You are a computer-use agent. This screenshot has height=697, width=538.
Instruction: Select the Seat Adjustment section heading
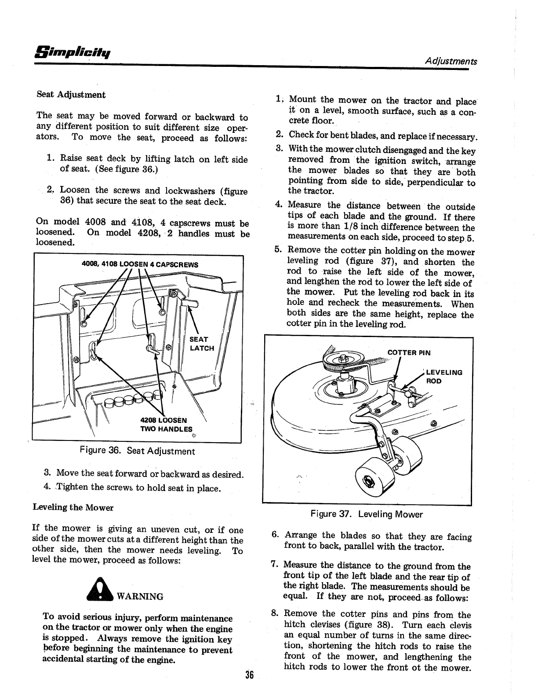tap(71, 95)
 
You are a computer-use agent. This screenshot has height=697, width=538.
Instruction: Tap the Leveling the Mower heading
tap(73, 507)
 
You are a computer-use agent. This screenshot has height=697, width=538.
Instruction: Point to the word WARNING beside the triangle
tap(139, 597)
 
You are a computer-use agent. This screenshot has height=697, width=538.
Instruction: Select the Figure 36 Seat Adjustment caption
tap(137, 451)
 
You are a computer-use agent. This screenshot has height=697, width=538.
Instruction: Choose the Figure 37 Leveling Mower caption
tap(367, 514)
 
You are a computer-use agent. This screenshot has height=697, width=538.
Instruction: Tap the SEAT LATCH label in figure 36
tap(202, 344)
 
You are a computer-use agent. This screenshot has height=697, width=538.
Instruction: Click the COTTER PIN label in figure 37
tap(409, 352)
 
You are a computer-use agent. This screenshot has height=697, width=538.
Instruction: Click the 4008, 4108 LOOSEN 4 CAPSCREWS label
tap(140, 264)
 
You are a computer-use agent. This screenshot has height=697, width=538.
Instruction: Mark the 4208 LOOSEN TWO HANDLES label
tap(166, 425)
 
